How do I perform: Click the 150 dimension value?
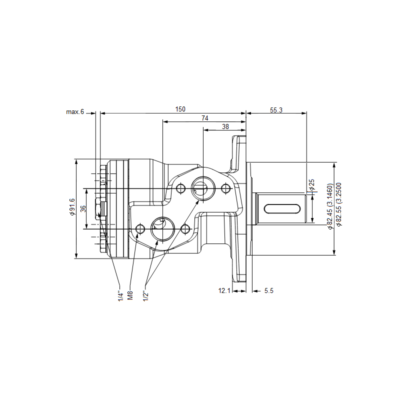(180, 109)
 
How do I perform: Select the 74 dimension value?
(205, 118)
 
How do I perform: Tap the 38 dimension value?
(225, 126)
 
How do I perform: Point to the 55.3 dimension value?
(276, 110)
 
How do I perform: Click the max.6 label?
(75, 111)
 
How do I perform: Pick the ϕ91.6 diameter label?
(72, 206)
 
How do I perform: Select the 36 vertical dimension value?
(83, 208)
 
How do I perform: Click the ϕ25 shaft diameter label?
(311, 185)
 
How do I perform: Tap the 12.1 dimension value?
(224, 290)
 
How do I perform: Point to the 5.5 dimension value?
(269, 290)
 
